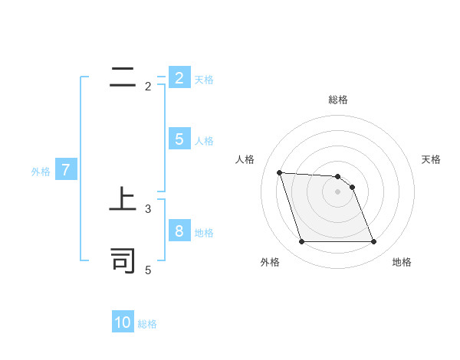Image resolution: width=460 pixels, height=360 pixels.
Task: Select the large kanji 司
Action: (123, 260)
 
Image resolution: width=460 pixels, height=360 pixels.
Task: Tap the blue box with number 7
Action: (65, 171)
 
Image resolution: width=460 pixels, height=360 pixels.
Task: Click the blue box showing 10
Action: (123, 322)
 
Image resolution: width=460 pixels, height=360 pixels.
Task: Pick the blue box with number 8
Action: (179, 231)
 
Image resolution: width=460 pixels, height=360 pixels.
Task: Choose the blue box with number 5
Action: (179, 139)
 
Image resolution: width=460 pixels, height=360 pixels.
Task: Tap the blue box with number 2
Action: (179, 78)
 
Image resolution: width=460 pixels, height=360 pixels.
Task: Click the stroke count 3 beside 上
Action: (148, 208)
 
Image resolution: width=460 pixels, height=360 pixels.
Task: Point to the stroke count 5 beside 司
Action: (148, 270)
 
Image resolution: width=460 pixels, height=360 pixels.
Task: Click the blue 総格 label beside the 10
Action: (147, 324)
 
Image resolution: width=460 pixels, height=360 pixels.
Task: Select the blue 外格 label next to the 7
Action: (41, 172)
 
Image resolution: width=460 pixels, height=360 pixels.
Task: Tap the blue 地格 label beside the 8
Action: (204, 233)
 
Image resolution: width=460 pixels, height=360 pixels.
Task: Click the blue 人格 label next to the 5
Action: (204, 141)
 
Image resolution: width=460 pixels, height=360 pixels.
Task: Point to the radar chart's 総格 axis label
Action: (337, 100)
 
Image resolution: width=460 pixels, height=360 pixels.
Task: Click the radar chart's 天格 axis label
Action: (431, 159)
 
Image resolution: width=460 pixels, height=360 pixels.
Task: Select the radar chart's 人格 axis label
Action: (245, 159)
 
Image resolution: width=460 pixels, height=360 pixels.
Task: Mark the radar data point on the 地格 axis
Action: (373, 242)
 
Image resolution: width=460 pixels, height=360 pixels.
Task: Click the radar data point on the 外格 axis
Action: (301, 242)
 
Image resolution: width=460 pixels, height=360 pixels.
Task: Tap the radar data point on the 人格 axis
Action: (279, 172)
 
